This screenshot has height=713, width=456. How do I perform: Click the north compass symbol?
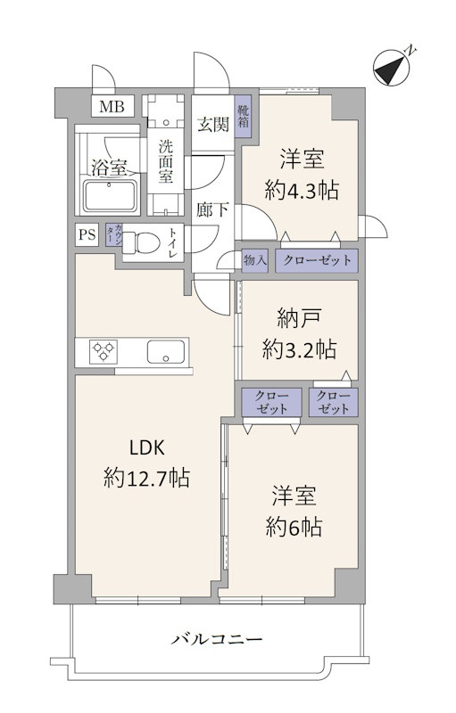[393, 69]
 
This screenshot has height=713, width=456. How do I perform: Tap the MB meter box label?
[112, 107]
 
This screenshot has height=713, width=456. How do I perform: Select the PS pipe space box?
[87, 234]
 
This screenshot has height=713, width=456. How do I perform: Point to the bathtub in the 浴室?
[110, 196]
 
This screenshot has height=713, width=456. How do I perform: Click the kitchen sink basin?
[166, 352]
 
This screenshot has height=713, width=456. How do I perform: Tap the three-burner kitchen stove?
[104, 352]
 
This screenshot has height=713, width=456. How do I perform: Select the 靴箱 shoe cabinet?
[243, 118]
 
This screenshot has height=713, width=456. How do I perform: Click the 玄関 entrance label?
[213, 124]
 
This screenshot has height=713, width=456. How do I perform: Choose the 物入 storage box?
[254, 261]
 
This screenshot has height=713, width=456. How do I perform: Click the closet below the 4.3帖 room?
[317, 261]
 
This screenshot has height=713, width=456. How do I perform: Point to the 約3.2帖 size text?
[299, 350]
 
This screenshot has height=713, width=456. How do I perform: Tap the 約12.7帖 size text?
[146, 478]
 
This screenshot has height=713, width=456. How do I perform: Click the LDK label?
[146, 448]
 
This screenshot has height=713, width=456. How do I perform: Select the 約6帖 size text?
[294, 527]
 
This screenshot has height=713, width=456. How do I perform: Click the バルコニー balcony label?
[217, 640]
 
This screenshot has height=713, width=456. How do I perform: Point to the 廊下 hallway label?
[212, 209]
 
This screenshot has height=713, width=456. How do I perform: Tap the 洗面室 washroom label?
[166, 161]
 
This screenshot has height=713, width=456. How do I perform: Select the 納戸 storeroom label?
[299, 319]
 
